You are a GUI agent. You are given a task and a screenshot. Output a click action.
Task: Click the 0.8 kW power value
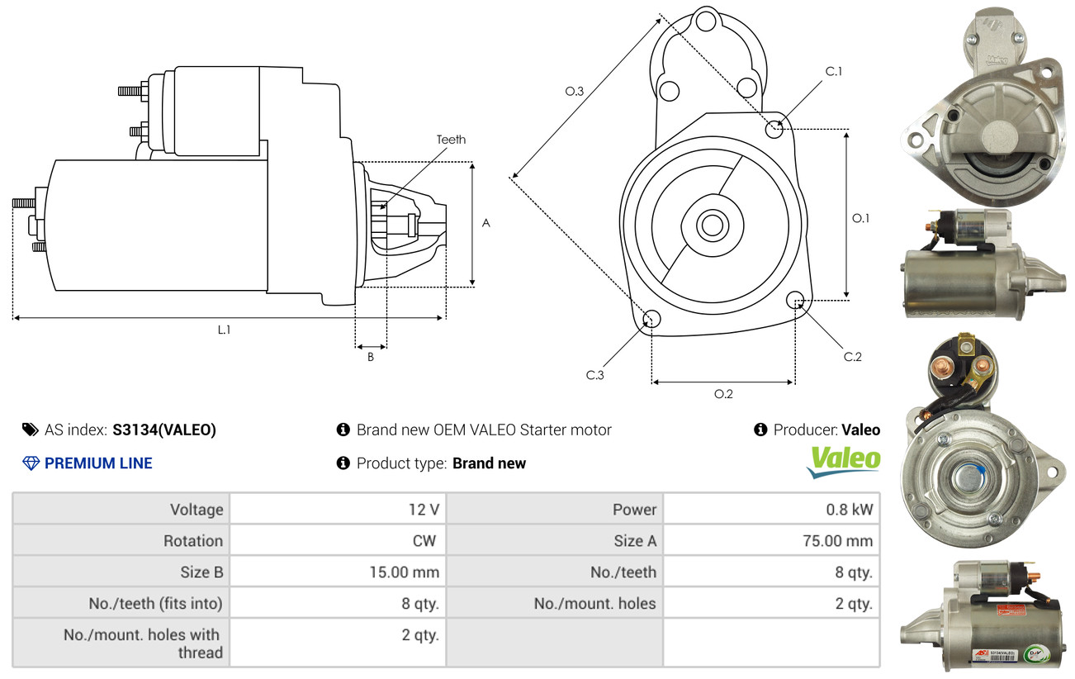849,510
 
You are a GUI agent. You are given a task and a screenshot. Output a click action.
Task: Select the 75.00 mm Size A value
837,541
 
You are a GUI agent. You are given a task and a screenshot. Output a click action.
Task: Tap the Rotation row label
193,541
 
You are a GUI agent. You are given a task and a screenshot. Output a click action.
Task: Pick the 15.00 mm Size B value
404,572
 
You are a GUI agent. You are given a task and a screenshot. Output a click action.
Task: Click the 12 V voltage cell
424,510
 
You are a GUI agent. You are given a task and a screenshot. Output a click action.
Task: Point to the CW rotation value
424,541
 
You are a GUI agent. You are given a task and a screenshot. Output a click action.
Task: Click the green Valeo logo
844,462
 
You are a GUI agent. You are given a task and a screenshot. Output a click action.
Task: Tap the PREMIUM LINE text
98,463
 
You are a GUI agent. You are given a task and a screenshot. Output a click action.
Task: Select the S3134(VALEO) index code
164,430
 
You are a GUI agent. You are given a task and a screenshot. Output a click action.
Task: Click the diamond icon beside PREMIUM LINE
31,463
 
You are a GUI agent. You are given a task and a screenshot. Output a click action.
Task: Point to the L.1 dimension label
224,330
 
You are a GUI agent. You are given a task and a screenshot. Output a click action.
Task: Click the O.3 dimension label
575,91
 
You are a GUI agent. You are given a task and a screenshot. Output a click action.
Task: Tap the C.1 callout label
834,71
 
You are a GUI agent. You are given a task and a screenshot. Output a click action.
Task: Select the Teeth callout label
451,140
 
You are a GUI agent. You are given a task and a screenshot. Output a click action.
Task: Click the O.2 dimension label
723,394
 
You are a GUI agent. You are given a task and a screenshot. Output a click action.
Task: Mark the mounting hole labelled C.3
651,318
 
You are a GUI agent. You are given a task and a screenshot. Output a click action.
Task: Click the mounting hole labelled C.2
795,300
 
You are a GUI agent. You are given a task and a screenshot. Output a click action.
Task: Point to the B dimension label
371,358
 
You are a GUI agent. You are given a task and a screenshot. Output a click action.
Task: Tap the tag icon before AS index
31,430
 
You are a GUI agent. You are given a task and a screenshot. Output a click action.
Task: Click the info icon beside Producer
760,430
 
